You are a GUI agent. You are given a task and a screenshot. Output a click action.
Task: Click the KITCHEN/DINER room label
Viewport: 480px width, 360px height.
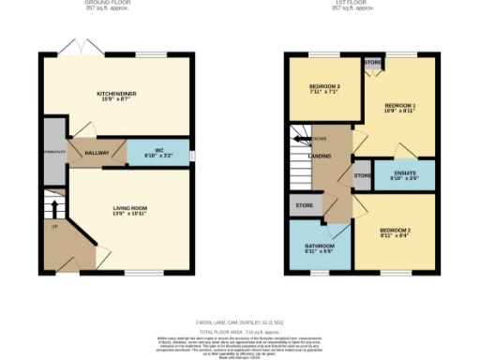click(x=117, y=95)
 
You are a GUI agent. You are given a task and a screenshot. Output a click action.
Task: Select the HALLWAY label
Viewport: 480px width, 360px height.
click(x=97, y=151)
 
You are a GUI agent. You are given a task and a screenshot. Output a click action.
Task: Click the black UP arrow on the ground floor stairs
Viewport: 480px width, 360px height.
click(x=53, y=207)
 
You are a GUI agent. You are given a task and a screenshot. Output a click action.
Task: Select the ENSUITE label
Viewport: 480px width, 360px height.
click(x=404, y=172)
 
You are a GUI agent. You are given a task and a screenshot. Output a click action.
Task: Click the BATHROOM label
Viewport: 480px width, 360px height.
click(x=320, y=248)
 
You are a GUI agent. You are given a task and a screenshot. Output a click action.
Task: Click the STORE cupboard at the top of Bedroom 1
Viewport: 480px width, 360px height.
click(x=372, y=63)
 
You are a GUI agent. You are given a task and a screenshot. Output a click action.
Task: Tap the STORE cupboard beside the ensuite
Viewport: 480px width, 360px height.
click(x=362, y=175)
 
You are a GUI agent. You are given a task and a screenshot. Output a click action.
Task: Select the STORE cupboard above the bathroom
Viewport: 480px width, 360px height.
click(x=304, y=203)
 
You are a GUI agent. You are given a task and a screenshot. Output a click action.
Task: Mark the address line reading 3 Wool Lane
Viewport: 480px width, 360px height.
click(x=239, y=322)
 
